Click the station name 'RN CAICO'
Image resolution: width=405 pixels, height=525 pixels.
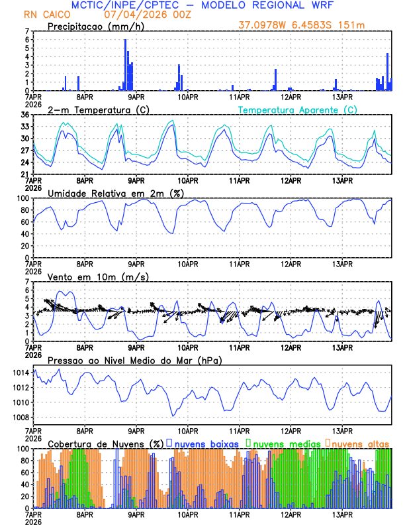tap(44, 14)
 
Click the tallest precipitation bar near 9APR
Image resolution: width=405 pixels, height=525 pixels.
tap(125, 65)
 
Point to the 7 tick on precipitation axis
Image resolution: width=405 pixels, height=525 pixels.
tap(26, 31)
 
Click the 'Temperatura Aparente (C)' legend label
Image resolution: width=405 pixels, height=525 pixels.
tap(297, 109)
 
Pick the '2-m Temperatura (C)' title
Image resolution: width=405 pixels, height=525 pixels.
tap(95, 109)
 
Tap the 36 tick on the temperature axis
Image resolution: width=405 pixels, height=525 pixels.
tap(24, 115)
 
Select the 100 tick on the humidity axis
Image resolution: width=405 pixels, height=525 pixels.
tap(22, 198)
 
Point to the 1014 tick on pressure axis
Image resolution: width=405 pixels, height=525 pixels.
tap(21, 373)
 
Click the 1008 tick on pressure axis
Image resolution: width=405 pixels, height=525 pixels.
tap(21, 418)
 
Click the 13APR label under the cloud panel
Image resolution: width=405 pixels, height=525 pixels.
tap(341, 514)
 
